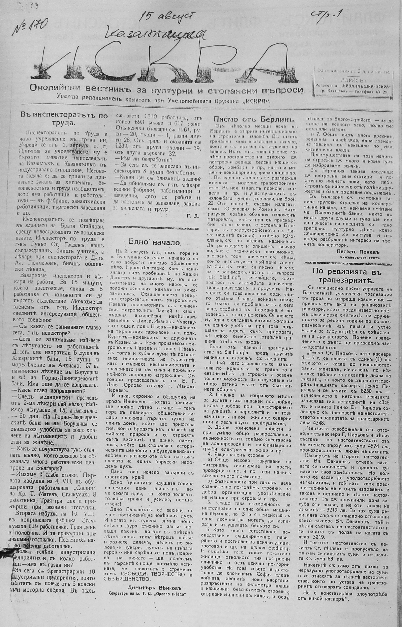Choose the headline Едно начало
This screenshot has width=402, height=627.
click(x=155, y=242)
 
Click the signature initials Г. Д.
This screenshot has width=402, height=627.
click(x=193, y=216)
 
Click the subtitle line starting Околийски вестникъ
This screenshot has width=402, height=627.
click(x=167, y=90)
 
